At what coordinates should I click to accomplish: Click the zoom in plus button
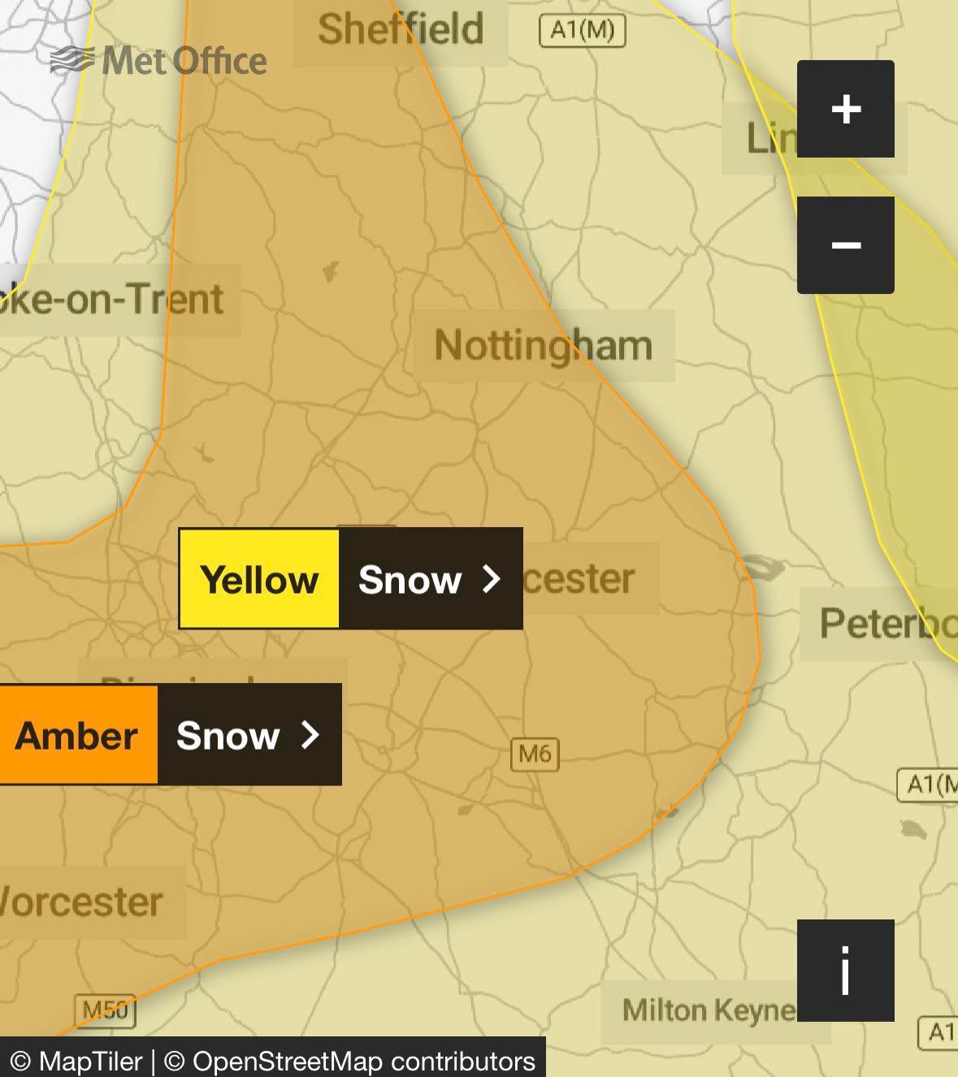click(845, 109)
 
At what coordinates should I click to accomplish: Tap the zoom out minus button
click(845, 245)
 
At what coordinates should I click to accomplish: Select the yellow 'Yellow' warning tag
click(259, 579)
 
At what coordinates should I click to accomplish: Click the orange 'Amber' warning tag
click(77, 735)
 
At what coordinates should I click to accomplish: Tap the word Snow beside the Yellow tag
click(410, 579)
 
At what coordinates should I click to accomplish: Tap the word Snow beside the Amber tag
click(228, 735)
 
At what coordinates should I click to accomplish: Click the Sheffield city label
click(401, 29)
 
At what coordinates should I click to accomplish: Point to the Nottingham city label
click(543, 345)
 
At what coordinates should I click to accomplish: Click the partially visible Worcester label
click(81, 902)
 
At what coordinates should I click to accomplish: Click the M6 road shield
click(535, 755)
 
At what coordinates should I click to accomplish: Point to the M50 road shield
click(106, 1010)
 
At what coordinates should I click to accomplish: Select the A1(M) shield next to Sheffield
click(583, 31)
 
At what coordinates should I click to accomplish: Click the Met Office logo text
click(184, 61)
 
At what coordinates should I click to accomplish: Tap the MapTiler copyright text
click(78, 1061)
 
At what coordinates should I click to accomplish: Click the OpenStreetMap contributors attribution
click(349, 1061)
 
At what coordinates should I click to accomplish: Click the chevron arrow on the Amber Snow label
click(310, 735)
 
